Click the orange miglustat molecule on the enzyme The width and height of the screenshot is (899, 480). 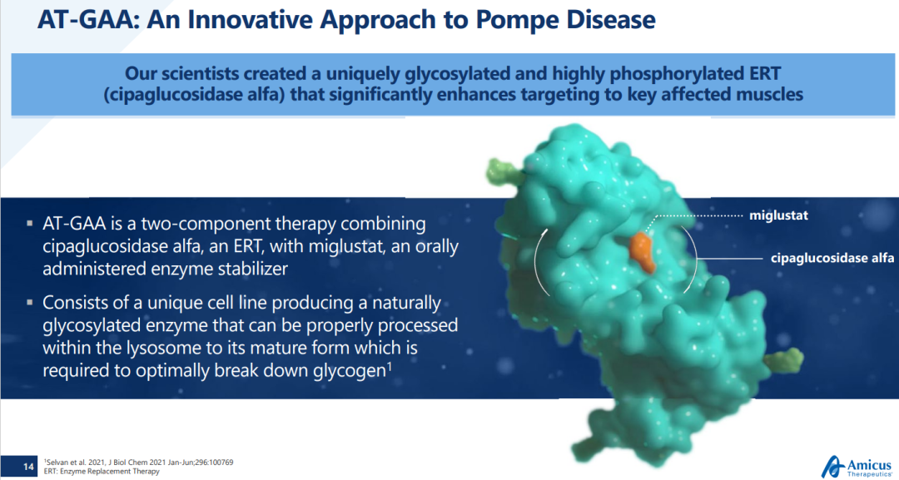[x=642, y=251]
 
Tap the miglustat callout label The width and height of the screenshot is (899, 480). [x=778, y=216]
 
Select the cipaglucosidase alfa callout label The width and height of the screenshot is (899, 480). [x=832, y=259]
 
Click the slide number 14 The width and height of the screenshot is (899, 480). [x=28, y=467]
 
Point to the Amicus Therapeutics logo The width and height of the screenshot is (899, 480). [x=857, y=466]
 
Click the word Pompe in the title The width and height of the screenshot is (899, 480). [x=518, y=21]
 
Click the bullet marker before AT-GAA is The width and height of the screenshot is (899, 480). [x=30, y=224]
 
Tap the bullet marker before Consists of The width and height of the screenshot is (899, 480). [x=30, y=303]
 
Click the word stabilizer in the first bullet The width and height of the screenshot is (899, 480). [x=252, y=269]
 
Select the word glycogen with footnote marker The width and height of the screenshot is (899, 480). [x=351, y=370]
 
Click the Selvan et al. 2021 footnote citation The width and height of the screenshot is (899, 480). [x=139, y=463]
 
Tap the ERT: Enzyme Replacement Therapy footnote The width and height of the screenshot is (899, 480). [x=102, y=472]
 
